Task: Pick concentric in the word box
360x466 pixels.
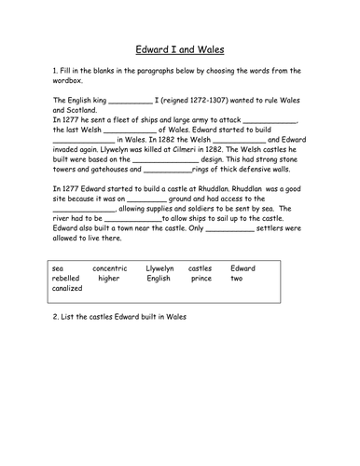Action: [x=110, y=267]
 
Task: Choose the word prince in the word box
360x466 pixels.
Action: [x=201, y=278]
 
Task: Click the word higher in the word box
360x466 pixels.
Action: [x=108, y=278]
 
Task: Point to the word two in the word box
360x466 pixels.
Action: [x=237, y=278]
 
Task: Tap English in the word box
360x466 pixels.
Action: [x=158, y=278]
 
